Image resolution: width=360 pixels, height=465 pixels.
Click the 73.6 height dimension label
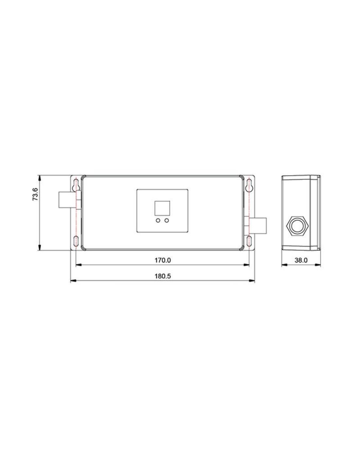(35, 194)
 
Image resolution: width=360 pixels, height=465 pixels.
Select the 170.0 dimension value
(163, 260)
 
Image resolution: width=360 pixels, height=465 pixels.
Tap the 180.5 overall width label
(163, 276)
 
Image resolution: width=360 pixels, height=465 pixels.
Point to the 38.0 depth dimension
(301, 260)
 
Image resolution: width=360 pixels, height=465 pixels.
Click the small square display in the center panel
(162, 208)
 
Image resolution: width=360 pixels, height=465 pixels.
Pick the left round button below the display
(158, 220)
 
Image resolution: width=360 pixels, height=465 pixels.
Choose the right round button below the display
(167, 220)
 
